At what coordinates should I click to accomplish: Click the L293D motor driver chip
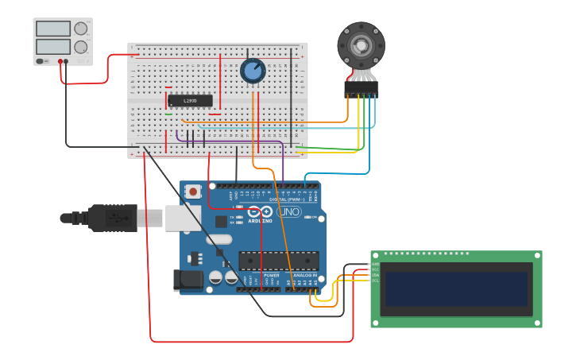[x=190, y=101]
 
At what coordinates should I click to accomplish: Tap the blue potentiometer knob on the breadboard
[x=253, y=71]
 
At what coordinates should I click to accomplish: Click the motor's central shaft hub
[x=361, y=45]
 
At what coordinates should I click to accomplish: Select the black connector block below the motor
[x=361, y=89]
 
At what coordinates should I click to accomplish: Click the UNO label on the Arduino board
[x=288, y=212]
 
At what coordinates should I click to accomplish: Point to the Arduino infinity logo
[x=259, y=212]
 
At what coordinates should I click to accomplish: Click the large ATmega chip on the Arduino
[x=278, y=260]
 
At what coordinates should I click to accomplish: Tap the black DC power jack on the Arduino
[x=191, y=279]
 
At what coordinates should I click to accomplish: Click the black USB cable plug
[x=111, y=218]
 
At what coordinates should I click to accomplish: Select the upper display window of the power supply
[x=53, y=29]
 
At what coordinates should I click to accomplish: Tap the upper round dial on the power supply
[x=80, y=29]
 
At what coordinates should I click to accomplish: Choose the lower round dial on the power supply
[x=80, y=47]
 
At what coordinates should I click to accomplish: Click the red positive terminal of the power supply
[x=60, y=61]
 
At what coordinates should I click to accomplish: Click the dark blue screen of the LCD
[x=456, y=289]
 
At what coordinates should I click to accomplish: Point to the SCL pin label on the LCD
[x=376, y=281]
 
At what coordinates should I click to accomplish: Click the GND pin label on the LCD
[x=376, y=264]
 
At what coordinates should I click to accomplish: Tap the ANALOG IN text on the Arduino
[x=304, y=275]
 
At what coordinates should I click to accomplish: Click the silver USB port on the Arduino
[x=183, y=218]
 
